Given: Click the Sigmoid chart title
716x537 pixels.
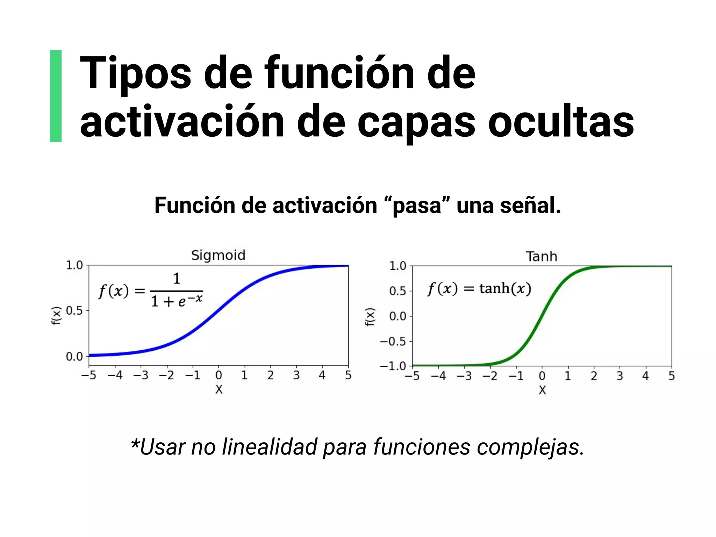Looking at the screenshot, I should pos(218,256).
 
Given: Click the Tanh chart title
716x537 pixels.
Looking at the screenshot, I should pos(541,257).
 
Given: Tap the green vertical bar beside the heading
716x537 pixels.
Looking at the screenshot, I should pos(56,96).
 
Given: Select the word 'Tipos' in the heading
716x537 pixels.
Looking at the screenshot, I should pos(136,73).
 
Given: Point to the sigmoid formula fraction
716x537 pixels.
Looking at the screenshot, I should pos(177,291).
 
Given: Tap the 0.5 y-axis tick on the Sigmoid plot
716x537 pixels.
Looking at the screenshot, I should pos(74,310).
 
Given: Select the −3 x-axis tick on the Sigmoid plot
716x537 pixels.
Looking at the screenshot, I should pos(141,375).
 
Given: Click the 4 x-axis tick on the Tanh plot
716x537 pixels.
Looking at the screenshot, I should pos(645,376).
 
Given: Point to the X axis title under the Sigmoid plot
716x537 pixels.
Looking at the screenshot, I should pos(219,389).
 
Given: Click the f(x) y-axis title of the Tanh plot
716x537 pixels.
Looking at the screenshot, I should pos(370,317).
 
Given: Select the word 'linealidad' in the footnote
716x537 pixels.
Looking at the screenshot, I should pos(270,447).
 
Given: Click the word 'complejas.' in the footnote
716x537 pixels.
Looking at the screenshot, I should pos(530,447).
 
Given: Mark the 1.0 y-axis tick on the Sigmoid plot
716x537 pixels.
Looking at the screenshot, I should pos(74,265).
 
